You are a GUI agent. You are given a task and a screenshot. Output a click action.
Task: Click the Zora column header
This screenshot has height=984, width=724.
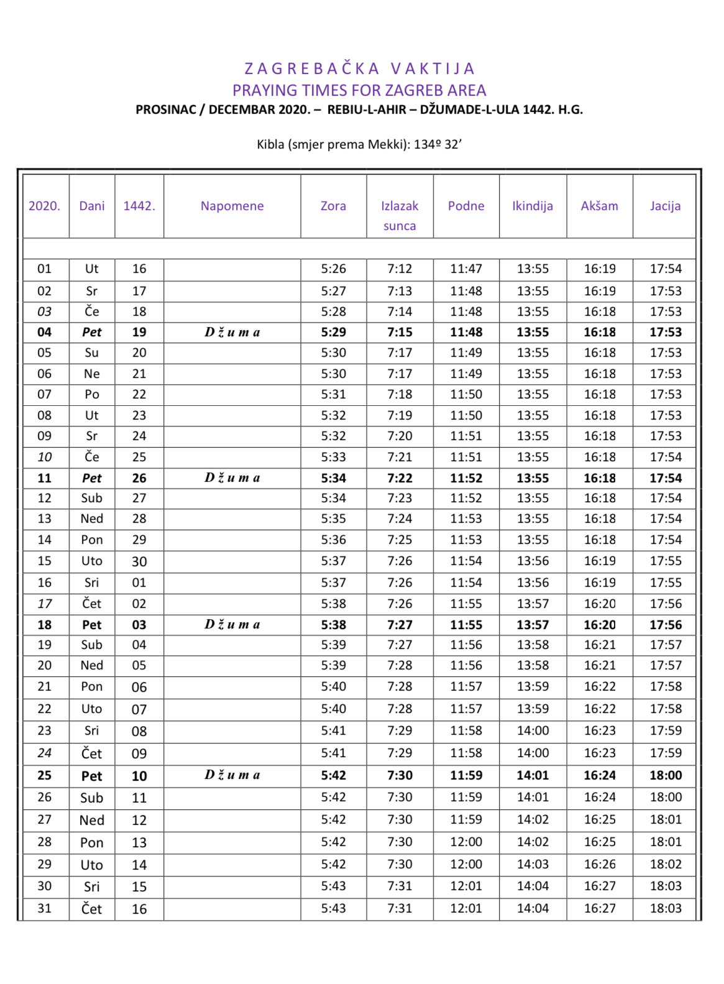coord(333,206)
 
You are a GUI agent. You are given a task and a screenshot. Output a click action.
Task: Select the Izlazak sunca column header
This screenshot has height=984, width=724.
coord(400,215)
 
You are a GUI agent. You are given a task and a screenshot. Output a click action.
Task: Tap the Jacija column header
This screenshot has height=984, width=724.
coord(665,206)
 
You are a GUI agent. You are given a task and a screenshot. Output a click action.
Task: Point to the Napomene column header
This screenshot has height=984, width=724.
coord(232,206)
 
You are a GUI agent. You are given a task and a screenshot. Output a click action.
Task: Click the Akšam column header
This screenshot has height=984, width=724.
coord(599,206)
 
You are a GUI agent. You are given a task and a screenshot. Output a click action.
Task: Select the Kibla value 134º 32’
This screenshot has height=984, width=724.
coord(438,144)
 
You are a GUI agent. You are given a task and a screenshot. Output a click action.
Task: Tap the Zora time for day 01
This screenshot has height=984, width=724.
coord(333,269)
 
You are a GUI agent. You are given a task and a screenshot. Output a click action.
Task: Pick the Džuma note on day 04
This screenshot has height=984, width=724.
coord(232,332)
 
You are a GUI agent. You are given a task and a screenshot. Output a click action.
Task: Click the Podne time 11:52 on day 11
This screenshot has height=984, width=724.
coord(466,478)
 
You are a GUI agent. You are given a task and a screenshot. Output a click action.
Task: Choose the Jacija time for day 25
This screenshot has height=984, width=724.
coord(666,775)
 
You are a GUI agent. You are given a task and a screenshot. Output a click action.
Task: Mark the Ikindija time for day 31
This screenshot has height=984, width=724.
coord(533,908)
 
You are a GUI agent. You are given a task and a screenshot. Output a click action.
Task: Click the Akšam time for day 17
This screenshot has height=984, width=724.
coord(599,604)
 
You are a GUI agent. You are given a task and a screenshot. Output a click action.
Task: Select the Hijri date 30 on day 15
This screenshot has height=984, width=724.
coord(139,561)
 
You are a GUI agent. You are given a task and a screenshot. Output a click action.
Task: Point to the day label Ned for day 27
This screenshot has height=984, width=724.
coord(92,820)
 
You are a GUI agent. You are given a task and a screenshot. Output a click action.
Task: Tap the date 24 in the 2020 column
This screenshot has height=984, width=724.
coord(45,753)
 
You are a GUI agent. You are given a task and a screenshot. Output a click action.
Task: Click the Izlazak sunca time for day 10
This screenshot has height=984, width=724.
coord(400,457)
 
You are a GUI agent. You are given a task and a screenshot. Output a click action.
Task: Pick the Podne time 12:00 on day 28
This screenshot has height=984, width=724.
coord(466,842)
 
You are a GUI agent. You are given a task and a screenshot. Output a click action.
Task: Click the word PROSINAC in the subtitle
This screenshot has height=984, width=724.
coord(166,109)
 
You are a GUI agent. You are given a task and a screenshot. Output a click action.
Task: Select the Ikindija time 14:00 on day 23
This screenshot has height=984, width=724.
coord(533,730)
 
